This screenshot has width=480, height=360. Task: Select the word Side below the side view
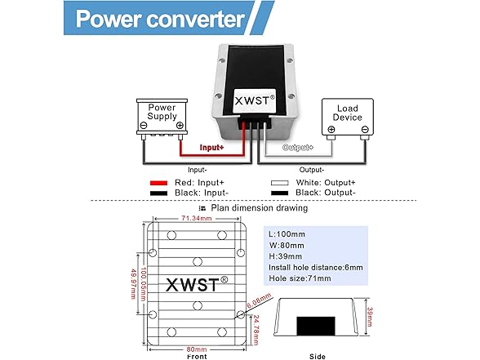(318, 356)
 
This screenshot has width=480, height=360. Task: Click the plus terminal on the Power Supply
(180, 126)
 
